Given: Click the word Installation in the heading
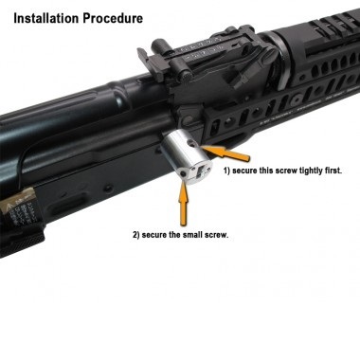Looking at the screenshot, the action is [46, 18].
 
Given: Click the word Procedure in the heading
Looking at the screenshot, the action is [113, 18].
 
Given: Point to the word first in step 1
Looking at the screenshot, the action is [333, 171].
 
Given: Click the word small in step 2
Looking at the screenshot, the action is [194, 235].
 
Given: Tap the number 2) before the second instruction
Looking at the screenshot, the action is [136, 235].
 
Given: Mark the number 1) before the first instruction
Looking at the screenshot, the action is [227, 171].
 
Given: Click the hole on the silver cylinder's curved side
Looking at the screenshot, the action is [191, 144].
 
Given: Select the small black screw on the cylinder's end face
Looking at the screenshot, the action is [184, 174].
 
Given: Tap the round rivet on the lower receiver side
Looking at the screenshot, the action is [109, 189].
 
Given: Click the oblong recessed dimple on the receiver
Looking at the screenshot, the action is [67, 205].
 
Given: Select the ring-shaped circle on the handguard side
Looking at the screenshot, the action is [296, 100].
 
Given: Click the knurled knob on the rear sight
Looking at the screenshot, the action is [182, 77].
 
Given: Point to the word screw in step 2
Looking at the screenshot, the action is [218, 235].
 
